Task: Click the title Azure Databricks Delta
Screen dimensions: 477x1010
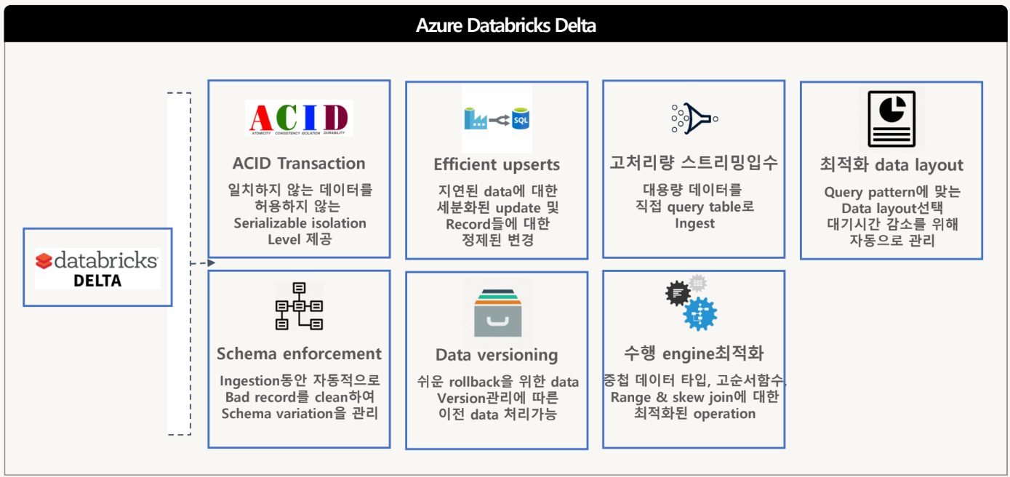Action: tap(505, 25)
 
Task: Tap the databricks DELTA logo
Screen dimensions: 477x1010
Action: tap(97, 268)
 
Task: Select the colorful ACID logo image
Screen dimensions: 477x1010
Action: tap(299, 118)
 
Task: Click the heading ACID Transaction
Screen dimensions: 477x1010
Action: tap(299, 163)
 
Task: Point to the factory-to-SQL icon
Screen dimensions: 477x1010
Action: tap(497, 118)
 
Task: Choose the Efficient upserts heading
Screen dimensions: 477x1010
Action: tap(497, 164)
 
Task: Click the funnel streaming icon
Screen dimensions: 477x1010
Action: tap(694, 118)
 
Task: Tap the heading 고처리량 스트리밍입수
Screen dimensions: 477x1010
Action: tap(694, 162)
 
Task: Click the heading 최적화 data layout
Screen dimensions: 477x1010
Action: tap(891, 165)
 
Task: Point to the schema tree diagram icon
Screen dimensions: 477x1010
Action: tap(299, 306)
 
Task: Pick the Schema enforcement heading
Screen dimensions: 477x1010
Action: tap(299, 353)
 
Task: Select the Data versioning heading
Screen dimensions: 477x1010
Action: tap(497, 355)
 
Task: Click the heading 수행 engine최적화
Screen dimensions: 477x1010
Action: tap(694, 353)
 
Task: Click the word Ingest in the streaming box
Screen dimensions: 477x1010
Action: tap(694, 223)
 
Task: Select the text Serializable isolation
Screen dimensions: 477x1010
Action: tap(300, 223)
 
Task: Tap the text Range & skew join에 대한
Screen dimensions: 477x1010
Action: tap(694, 397)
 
